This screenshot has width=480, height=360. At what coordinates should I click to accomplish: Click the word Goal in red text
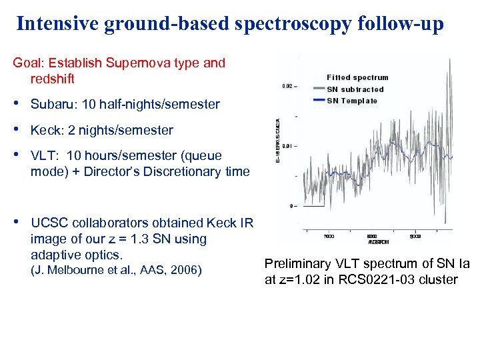click(26, 63)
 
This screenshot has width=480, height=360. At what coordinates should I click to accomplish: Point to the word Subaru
click(53, 104)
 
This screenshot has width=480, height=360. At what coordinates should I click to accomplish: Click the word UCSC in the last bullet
click(48, 223)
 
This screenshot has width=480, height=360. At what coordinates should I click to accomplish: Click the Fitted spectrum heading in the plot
click(357, 77)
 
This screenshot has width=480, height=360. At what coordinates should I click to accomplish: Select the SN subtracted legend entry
click(355, 89)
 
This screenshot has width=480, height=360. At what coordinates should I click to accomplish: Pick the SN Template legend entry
click(351, 101)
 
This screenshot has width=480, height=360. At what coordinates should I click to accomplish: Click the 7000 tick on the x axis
click(329, 236)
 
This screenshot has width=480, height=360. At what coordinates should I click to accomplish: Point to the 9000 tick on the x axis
click(414, 236)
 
